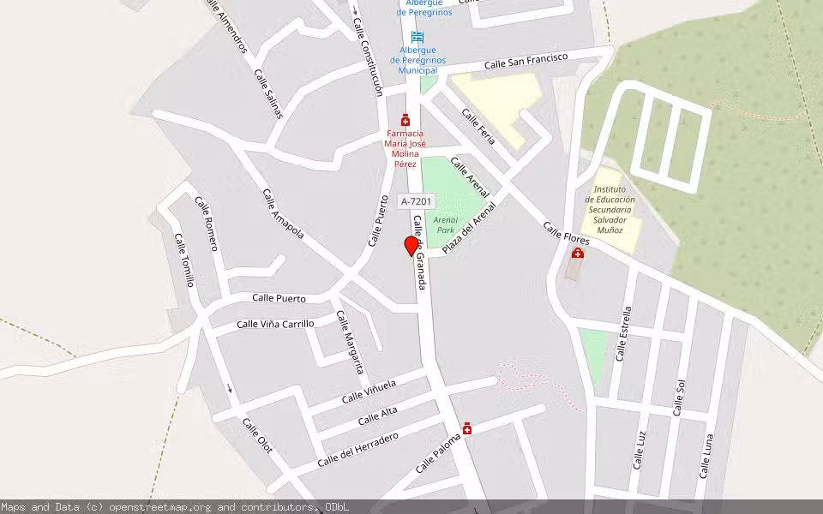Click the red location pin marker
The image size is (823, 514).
pyautogui.click(x=411, y=246)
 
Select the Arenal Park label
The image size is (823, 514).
pyautogui.click(x=445, y=224)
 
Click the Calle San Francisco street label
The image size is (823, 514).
pyautogui.click(x=526, y=61)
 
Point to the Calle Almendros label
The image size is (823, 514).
pyautogui.click(x=228, y=27)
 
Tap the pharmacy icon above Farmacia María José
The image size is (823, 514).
pyautogui.click(x=405, y=121)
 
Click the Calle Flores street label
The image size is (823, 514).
pyautogui.click(x=566, y=234)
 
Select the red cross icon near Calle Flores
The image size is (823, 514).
pyautogui.click(x=578, y=253)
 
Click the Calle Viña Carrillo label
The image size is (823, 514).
pyautogui.click(x=275, y=324)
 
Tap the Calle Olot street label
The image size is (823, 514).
pyautogui.click(x=256, y=436)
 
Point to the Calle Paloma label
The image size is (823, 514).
pyautogui.click(x=437, y=454)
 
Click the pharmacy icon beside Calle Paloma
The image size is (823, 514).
pyautogui.click(x=466, y=427)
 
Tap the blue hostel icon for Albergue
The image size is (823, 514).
pyautogui.click(x=418, y=37)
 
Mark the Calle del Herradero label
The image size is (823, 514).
pyautogui.click(x=357, y=450)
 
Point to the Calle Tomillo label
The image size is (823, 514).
pyautogui.click(x=184, y=260)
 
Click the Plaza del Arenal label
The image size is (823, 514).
pyautogui.click(x=469, y=228)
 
